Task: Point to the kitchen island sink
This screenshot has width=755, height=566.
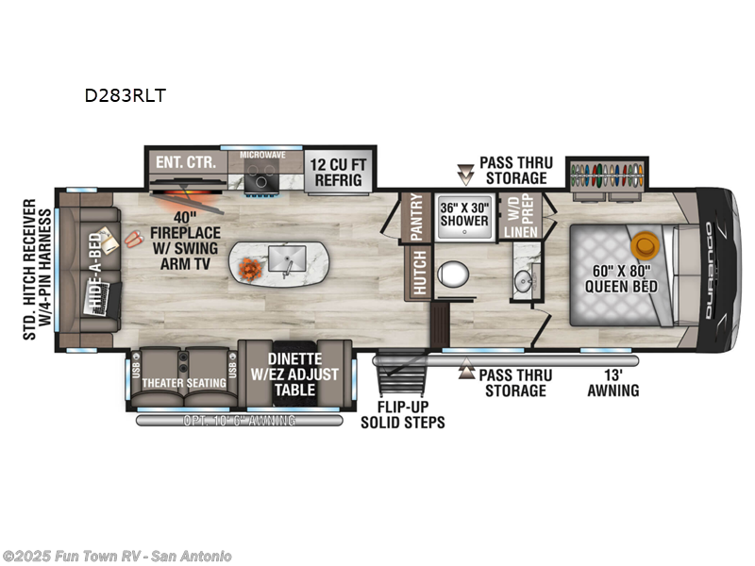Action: [x=283, y=257]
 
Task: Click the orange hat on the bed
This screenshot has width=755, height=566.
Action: [x=646, y=244]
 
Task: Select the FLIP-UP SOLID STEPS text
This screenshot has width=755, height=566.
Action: [x=402, y=415]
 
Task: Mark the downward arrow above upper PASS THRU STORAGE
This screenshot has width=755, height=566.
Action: [x=464, y=172]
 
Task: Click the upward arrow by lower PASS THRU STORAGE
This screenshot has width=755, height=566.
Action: [x=464, y=373]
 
